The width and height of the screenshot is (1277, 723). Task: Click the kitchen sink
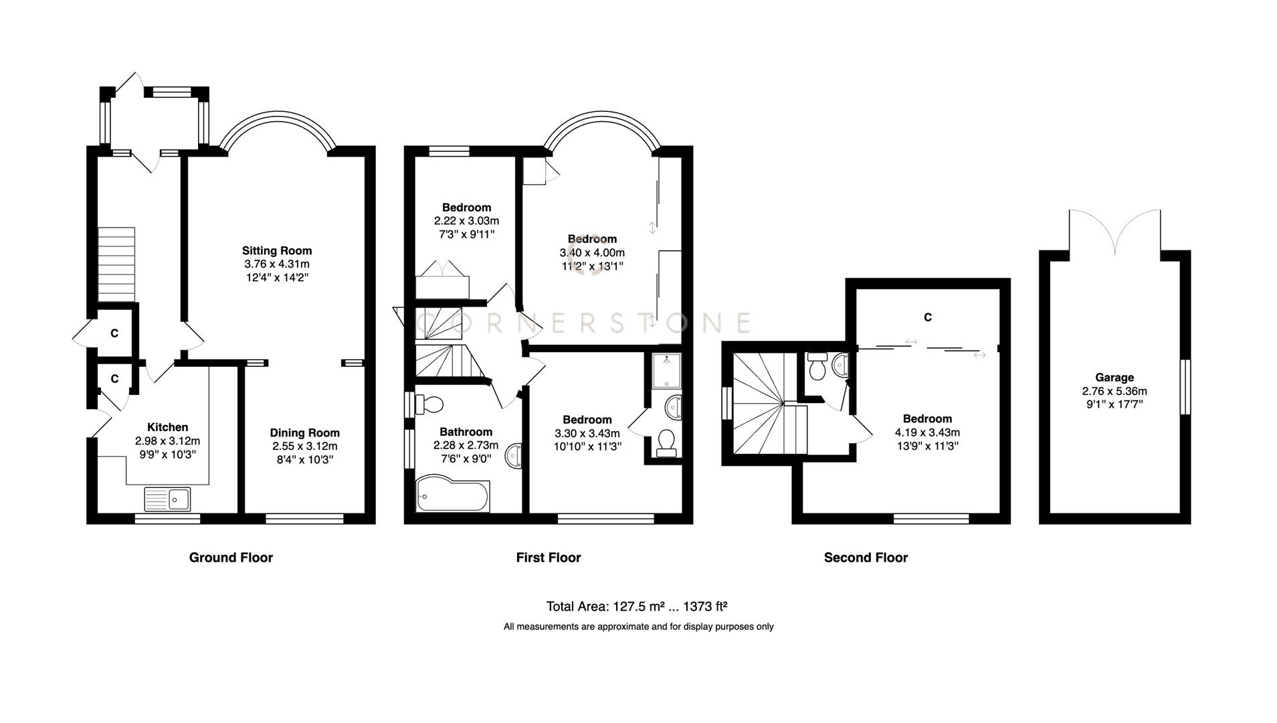[168, 499]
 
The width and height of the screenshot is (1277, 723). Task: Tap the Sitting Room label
[277, 250]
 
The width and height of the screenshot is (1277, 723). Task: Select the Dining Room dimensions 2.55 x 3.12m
[304, 446]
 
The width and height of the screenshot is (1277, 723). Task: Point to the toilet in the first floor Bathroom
[429, 404]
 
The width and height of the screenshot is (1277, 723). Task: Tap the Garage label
[1114, 377]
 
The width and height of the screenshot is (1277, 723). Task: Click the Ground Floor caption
[231, 557]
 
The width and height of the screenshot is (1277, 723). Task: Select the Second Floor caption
[865, 557]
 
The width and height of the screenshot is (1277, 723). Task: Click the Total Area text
[636, 607]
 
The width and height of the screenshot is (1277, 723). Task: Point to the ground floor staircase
[116, 264]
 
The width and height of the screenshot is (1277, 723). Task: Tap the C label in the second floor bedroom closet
[927, 317]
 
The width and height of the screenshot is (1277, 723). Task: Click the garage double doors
[1114, 231]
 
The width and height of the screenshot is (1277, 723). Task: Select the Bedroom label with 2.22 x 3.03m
[466, 208]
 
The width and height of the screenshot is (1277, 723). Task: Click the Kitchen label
[167, 427]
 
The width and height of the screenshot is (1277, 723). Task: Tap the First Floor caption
[548, 557]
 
